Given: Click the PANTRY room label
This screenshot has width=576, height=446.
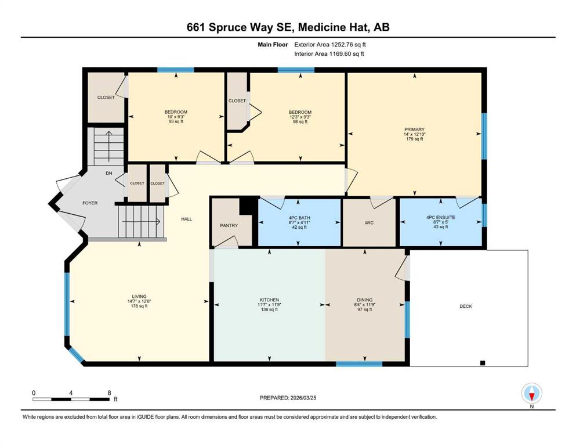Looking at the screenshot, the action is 229,225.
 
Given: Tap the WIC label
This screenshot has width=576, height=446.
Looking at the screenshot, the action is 369,223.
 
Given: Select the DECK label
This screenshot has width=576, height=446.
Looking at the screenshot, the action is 466,306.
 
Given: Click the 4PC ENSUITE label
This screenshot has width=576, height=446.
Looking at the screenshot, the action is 441,217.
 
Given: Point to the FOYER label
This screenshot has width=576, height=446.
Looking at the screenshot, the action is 90,203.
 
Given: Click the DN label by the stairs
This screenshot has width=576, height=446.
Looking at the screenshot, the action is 108,173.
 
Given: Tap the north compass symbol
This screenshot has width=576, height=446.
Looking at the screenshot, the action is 531,394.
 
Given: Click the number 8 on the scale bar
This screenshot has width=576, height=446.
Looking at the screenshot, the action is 109,393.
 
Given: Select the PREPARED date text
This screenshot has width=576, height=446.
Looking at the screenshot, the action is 288,398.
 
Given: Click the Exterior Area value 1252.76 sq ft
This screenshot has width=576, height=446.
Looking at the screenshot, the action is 348,45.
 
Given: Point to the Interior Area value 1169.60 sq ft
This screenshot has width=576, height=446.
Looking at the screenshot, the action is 346,53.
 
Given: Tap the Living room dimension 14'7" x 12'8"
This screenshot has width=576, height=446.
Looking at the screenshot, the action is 139,301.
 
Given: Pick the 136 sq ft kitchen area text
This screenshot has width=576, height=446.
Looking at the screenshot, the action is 269,310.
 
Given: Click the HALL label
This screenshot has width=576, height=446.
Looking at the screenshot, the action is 187,219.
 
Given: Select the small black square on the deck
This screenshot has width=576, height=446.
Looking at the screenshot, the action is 483,363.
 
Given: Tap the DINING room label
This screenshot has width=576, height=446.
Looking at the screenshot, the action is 364,300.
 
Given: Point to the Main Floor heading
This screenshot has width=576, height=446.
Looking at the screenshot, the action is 273,45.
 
